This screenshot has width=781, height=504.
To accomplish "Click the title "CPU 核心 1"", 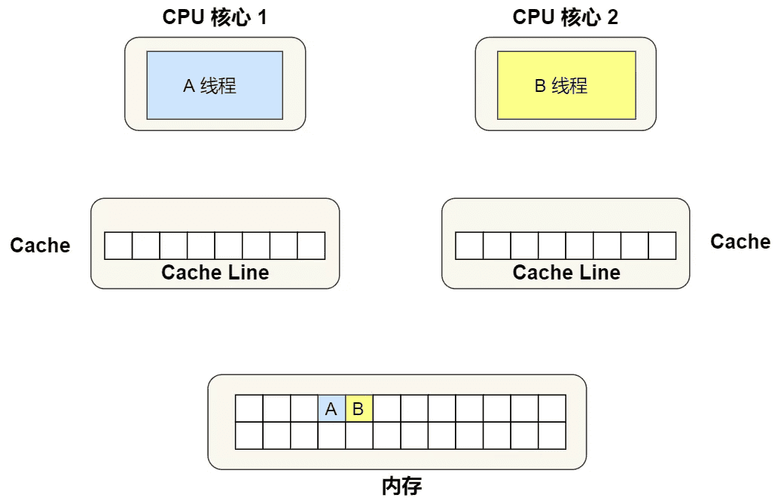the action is [215, 17].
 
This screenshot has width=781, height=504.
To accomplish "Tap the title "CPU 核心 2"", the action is [566, 17].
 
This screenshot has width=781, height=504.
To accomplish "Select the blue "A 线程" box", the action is [215, 85].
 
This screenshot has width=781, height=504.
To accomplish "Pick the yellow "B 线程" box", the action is [566, 85].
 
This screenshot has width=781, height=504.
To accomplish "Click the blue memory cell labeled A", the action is [331, 408].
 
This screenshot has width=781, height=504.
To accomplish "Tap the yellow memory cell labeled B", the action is [359, 408].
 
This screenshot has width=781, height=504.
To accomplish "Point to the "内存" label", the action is [402, 486].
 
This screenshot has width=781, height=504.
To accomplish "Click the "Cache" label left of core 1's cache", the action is [41, 245].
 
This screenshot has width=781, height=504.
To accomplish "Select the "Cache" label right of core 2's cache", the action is [740, 242].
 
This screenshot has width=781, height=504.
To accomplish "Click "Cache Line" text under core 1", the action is [215, 273].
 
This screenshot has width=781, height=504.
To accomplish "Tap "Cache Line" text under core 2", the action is [566, 273].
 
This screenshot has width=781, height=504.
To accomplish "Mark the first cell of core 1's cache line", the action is [118, 246].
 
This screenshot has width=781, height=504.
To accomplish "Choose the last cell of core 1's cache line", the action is [311, 246].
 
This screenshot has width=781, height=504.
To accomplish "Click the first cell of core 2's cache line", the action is [469, 246].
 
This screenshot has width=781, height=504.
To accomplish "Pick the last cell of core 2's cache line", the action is [663, 246].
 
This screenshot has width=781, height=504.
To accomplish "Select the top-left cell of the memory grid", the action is [249, 408].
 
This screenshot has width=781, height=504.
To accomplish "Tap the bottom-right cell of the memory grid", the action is [552, 435].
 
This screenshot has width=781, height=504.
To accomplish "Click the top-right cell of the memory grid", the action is [552, 408].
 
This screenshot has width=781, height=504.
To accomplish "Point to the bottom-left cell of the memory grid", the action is [249, 435].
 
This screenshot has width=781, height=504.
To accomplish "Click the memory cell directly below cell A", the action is [331, 435].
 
